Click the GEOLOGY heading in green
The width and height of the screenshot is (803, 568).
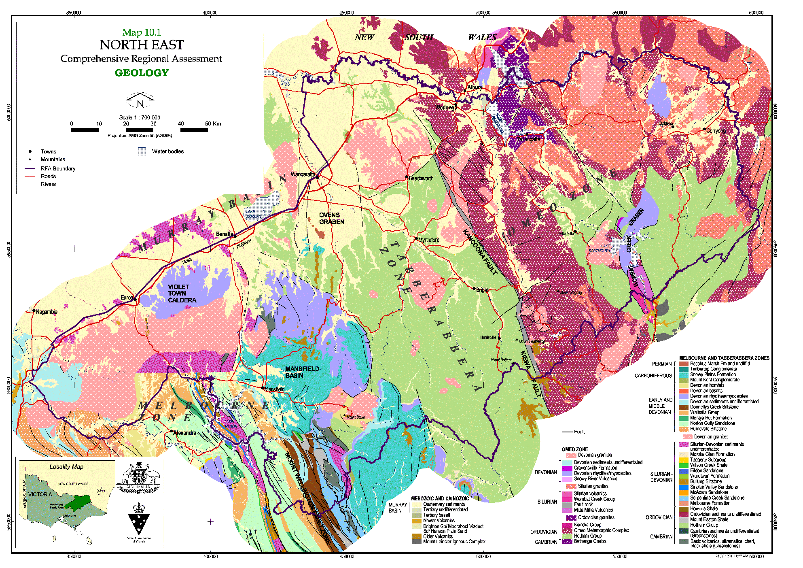142,73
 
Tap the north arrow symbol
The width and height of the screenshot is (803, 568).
140,100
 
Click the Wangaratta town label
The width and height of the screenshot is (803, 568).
303,174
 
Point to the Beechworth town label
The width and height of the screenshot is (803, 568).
421,178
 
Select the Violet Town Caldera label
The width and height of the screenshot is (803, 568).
182,294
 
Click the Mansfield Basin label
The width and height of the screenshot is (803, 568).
302,372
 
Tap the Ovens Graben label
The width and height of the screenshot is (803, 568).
331,218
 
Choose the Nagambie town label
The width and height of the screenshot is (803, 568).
47,312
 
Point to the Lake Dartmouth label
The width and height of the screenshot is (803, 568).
600,249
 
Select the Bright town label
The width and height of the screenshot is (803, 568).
482,290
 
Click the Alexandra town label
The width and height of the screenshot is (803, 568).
184,433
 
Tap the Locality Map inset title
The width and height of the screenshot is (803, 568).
66,467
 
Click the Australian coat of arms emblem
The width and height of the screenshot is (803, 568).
138,478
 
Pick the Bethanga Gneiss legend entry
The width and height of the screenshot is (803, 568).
590,541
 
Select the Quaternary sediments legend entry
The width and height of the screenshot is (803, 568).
444,504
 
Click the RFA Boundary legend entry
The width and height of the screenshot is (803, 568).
58,168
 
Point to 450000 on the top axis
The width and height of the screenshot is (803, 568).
346,13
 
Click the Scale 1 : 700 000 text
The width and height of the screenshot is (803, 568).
140,117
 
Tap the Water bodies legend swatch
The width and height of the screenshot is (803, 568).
142,151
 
